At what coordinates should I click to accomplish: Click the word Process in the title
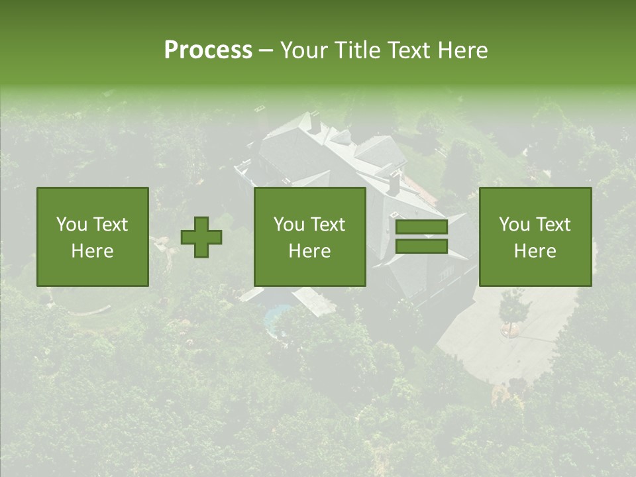tap(208, 50)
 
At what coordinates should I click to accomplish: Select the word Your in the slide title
tap(303, 50)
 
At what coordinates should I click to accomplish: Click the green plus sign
tap(201, 237)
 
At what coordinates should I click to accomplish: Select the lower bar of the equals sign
tap(421, 246)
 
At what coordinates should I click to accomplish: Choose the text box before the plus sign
tap(93, 237)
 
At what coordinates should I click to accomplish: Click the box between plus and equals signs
tap(309, 237)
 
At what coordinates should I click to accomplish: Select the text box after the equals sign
tap(535, 237)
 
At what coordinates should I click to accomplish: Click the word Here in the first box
tap(93, 251)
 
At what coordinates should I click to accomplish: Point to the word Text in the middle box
tap(328, 225)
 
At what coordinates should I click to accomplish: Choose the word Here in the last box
tap(535, 251)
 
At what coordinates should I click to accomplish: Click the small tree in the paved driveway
tap(513, 308)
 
